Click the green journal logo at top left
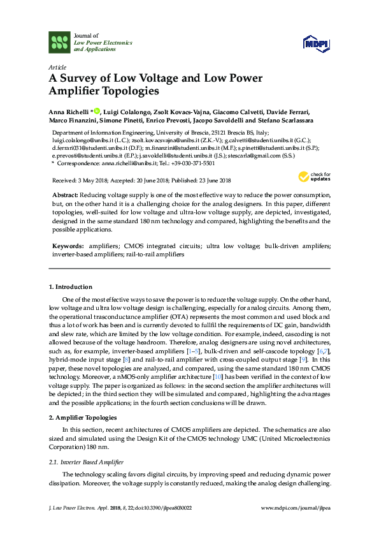click(x=59, y=42)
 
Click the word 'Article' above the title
click(x=57, y=67)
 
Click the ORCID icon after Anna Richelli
click(x=97, y=111)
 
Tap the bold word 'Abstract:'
click(x=65, y=193)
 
